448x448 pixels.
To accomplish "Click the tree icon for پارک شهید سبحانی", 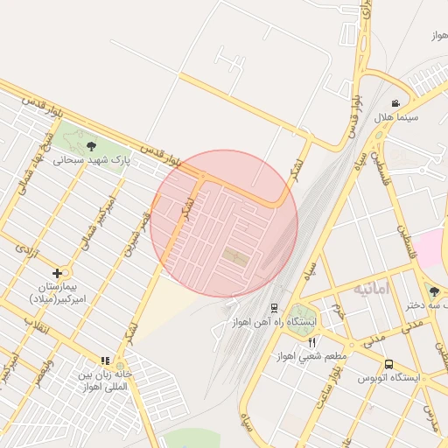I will pyautogui.click(x=92, y=146).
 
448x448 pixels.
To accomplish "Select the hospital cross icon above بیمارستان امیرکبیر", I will pyautogui.click(x=58, y=273).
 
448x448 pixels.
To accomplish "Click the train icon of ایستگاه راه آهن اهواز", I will pyautogui.click(x=275, y=307).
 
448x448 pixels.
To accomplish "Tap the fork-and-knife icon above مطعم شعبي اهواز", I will pyautogui.click(x=311, y=342).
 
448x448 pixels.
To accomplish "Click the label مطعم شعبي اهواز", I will pyautogui.click(x=311, y=356).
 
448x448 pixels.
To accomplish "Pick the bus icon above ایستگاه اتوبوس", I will pyautogui.click(x=388, y=364).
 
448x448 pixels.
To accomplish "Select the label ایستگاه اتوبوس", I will pyautogui.click(x=388, y=378).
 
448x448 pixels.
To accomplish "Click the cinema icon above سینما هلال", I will pyautogui.click(x=396, y=103).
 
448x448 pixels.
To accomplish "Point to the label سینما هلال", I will pyautogui.click(x=396, y=117).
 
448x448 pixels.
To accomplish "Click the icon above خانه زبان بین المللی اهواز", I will pyautogui.click(x=105, y=360).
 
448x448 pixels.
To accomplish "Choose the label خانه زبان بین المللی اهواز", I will pyautogui.click(x=103, y=380).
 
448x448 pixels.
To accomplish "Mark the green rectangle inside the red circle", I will pyautogui.click(x=234, y=256).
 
